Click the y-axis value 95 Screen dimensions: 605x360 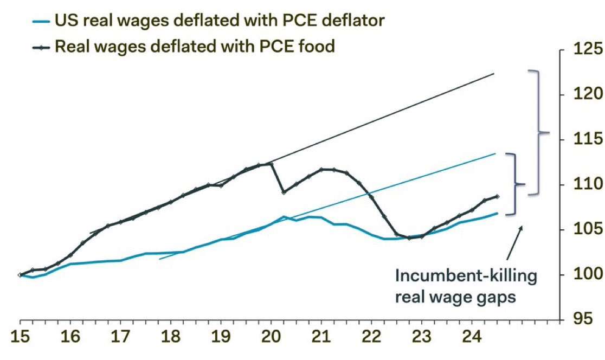(583, 319)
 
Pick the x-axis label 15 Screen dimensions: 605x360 (20, 337)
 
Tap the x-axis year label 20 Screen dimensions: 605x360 (271, 337)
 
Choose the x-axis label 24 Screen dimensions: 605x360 (472, 337)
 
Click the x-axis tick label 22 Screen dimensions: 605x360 (371, 337)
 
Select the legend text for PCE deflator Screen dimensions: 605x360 (220, 21)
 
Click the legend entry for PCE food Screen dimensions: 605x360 (195, 46)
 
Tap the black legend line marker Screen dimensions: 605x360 (41, 48)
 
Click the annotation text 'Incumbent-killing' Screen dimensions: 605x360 (466, 276)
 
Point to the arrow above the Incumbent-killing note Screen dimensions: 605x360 (514, 242)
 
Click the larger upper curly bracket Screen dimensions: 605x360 (538, 132)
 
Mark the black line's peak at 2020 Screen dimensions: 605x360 (271, 164)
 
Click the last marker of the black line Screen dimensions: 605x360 (497, 196)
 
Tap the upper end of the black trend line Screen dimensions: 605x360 (494, 73)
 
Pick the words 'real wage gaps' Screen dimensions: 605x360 (455, 298)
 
